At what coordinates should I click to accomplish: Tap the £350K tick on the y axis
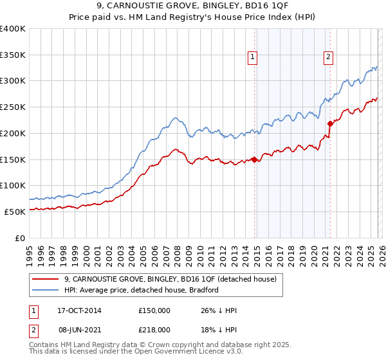13,55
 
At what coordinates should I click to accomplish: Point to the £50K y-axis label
15,212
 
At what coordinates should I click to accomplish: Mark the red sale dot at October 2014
255,159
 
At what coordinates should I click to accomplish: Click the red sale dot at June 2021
330,123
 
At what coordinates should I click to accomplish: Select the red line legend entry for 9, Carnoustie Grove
170,279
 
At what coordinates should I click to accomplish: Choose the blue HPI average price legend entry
142,290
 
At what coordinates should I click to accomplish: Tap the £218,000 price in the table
154,329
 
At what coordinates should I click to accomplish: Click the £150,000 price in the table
154,310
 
